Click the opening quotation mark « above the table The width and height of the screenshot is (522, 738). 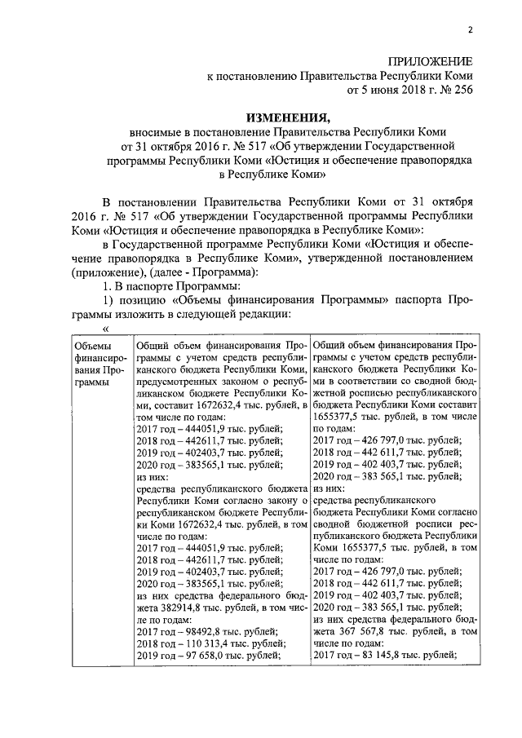pyautogui.click(x=104, y=330)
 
